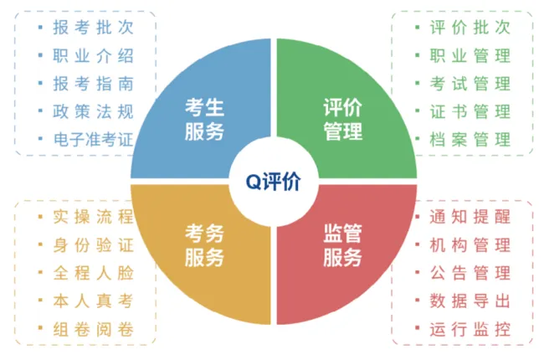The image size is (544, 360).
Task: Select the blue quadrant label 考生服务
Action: tap(203, 119)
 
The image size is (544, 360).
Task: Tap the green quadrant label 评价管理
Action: tap(342, 119)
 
